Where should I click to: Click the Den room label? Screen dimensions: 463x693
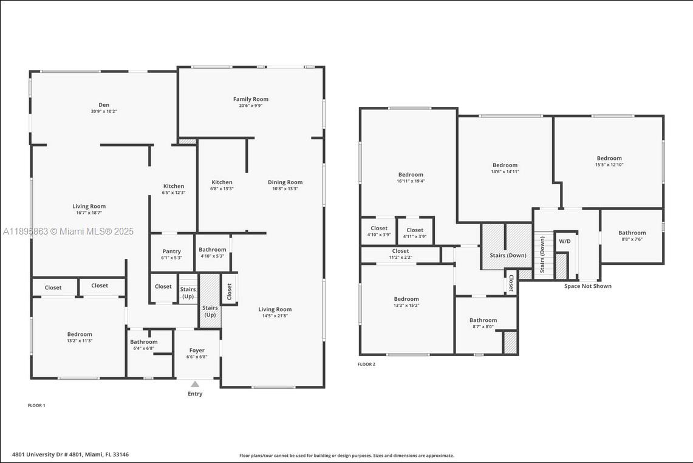[x=104, y=105]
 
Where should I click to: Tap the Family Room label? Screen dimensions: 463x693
[x=251, y=99]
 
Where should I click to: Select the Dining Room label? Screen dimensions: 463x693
[x=285, y=182]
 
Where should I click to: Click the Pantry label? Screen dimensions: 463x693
[x=172, y=252]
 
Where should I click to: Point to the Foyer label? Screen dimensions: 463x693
[x=197, y=351]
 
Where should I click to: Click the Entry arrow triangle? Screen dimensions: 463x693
[x=195, y=384]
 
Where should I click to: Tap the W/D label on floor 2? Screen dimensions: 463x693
[x=565, y=241]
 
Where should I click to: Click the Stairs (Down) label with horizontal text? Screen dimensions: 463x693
[x=508, y=255]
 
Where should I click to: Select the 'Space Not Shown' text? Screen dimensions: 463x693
[x=587, y=286]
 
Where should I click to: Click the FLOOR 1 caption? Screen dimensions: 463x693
[x=36, y=405]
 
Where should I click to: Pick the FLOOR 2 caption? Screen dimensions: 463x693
[x=366, y=365]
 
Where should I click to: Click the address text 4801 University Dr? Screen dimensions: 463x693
[x=70, y=454]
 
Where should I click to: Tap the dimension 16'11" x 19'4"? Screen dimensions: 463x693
[x=411, y=181]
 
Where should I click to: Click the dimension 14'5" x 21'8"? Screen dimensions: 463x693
[x=275, y=316]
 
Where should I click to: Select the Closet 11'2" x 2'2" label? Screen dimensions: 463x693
[x=400, y=251]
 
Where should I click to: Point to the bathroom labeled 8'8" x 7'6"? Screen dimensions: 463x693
[x=632, y=233]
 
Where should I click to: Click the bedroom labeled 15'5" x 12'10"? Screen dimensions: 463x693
[x=609, y=159]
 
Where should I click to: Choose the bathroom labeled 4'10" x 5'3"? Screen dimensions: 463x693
[x=213, y=250]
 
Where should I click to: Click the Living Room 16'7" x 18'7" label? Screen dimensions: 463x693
[x=89, y=207]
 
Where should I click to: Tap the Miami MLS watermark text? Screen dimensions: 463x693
[x=68, y=231]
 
